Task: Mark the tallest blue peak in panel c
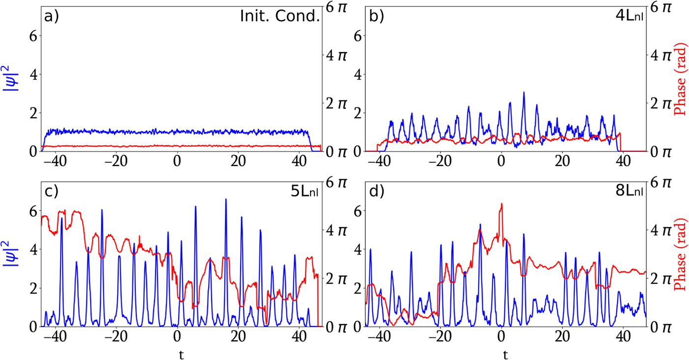coord(226,199)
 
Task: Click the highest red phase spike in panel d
coord(501,203)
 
